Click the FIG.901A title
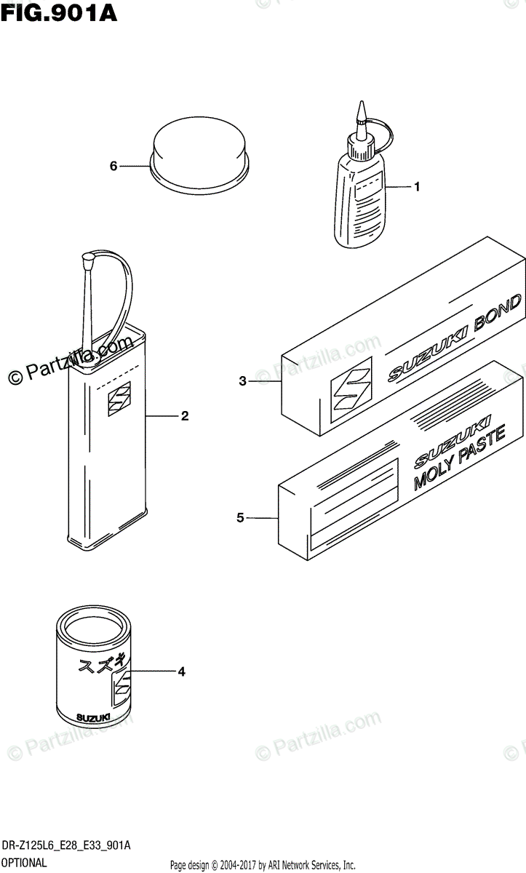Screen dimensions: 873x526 click(x=59, y=14)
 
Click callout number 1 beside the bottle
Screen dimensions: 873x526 click(x=417, y=188)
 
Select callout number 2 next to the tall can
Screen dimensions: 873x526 click(x=185, y=416)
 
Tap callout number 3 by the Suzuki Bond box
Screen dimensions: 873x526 click(x=242, y=380)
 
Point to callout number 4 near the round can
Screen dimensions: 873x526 click(x=182, y=672)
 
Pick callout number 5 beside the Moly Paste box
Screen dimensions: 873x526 click(x=240, y=518)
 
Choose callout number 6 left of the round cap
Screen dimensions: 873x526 click(x=113, y=167)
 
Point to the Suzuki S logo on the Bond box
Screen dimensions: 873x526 click(x=350, y=385)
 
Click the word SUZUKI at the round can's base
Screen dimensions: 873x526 click(x=93, y=717)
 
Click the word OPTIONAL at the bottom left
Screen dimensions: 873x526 click(x=25, y=864)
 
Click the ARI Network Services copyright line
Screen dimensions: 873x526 click(x=263, y=865)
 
